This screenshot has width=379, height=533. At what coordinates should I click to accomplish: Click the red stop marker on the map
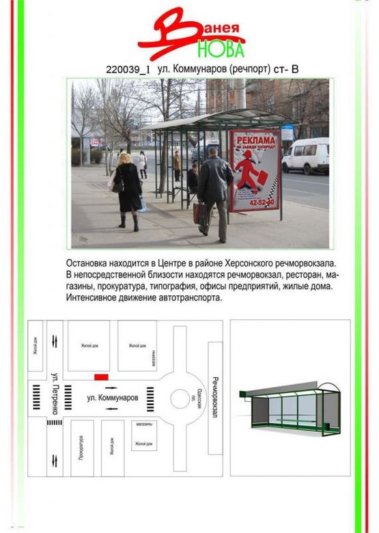(101, 377)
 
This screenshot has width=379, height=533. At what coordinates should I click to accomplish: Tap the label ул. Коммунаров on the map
(112, 397)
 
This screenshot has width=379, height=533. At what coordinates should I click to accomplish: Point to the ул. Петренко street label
(55, 393)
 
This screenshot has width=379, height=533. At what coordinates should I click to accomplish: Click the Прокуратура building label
(81, 447)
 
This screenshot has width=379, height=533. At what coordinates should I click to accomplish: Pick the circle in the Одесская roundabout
(183, 398)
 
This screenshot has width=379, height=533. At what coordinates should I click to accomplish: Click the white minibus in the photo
(305, 156)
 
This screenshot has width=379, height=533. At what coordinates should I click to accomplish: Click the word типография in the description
(180, 286)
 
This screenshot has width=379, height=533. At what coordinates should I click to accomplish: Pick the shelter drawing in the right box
(290, 407)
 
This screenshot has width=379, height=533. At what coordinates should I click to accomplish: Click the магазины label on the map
(143, 424)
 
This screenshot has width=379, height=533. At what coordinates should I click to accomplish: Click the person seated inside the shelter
(193, 179)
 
